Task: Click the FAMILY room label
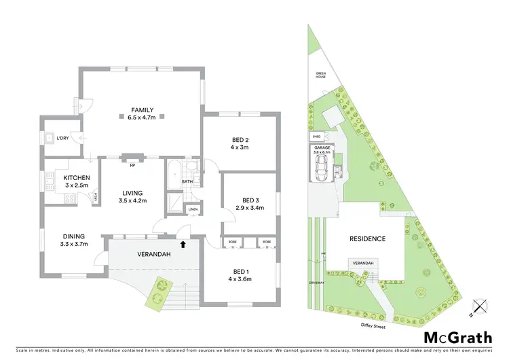point(143,110)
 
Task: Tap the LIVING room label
point(133,192)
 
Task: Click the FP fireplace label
point(132,162)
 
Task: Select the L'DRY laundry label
point(62,139)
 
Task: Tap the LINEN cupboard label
point(193,209)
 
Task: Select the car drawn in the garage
point(322,170)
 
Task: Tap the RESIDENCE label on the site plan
point(367,238)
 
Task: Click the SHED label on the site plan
point(317,137)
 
